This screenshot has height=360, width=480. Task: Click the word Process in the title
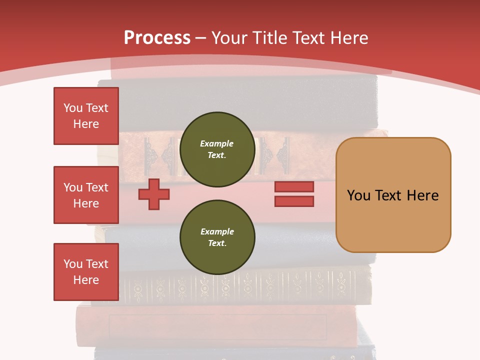click(x=157, y=38)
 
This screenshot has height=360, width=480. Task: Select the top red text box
click(x=86, y=116)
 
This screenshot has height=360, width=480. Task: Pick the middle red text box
click(x=86, y=195)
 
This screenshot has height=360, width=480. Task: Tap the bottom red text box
click(x=86, y=272)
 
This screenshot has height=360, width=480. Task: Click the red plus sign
click(x=154, y=194)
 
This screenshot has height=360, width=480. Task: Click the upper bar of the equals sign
click(x=294, y=187)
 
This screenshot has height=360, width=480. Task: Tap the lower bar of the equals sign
click(x=294, y=201)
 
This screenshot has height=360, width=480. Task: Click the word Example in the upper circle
click(x=217, y=143)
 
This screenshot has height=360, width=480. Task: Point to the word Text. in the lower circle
click(x=217, y=243)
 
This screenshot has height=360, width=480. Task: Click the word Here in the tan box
click(x=422, y=195)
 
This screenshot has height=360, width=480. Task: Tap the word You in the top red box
click(x=73, y=108)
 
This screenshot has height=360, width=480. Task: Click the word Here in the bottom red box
click(x=86, y=280)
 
